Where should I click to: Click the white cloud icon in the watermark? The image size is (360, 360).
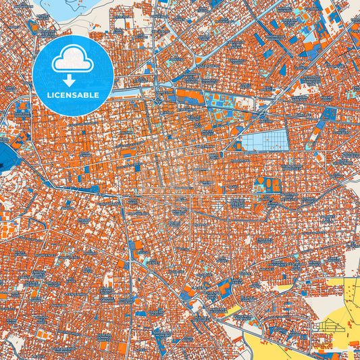click(x=73, y=59)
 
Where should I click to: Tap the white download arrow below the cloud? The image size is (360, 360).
click(x=73, y=72)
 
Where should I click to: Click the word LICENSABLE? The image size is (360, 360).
click(x=73, y=95)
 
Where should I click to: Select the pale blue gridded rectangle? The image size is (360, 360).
click(x=265, y=141)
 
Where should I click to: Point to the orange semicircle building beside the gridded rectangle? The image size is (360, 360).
click(x=236, y=143)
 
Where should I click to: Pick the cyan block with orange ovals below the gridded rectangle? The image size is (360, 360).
click(x=266, y=183)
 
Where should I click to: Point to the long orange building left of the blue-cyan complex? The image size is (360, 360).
click(x=190, y=96)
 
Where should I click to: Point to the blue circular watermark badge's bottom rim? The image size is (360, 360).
click(x=73, y=115)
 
